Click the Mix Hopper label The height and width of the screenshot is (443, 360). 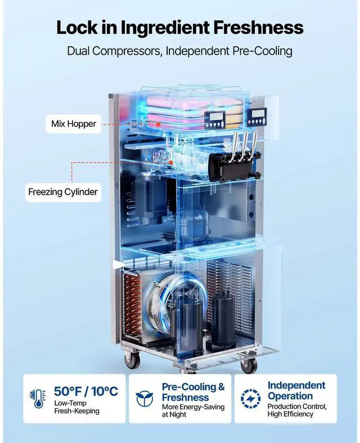coord(74,124)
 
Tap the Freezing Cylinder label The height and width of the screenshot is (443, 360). coord(63,192)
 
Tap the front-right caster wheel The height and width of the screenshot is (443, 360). coord(248,365)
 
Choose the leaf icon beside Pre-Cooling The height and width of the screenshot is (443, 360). coord(145,399)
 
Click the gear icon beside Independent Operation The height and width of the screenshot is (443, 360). coord(250,399)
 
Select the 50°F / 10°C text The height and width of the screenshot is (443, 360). coord(86,391)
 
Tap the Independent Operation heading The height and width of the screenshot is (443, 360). coord(296,391)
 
